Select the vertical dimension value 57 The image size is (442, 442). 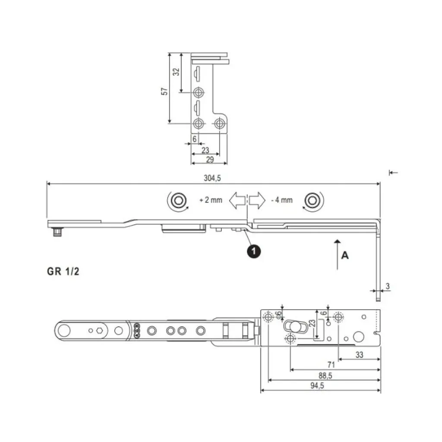click(164, 91)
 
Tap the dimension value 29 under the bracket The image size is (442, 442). click(209, 160)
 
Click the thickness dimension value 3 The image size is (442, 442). click(388, 286)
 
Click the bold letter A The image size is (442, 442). click(345, 256)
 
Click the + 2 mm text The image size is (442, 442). click(211, 200)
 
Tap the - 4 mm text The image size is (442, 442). click(282, 200)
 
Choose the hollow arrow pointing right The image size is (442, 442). click(256, 201)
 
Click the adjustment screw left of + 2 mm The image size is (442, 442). click(177, 200)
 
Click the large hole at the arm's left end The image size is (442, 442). click(64, 331)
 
